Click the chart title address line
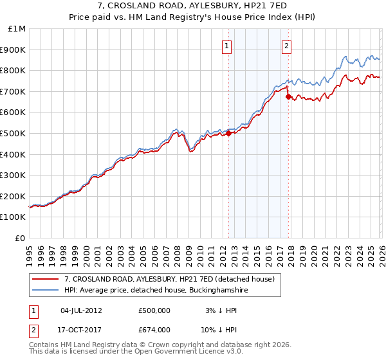coord(192,6)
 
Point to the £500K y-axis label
coord(13,133)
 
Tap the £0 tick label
coord(20,238)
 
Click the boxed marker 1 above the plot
coord(228,46)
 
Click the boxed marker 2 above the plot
coord(286,46)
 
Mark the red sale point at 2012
coord(228,134)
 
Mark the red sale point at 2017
coord(288,97)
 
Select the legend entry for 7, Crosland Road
coord(169,279)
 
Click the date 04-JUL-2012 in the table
coord(80,310)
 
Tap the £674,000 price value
coord(154,329)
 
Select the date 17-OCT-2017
coord(80,329)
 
